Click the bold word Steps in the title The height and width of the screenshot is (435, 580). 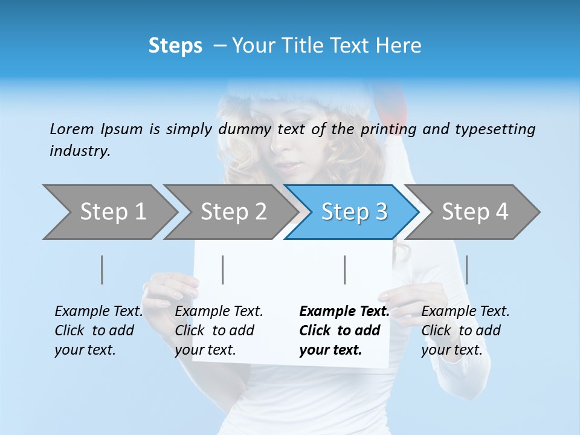175,46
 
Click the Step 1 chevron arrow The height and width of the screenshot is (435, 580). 112,212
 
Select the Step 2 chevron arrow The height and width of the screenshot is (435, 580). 233,212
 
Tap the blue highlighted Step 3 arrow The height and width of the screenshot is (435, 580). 353,212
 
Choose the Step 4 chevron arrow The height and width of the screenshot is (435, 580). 474,212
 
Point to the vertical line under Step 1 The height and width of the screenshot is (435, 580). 102,269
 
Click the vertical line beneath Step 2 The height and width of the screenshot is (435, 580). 223,269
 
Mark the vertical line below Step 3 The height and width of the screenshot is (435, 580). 345,269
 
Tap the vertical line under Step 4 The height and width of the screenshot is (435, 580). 467,269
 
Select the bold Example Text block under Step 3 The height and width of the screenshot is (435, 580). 344,330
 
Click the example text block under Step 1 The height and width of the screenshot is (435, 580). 98,330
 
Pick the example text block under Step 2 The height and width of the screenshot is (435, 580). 219,330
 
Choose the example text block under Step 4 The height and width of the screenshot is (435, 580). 465,330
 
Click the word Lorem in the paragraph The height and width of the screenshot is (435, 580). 72,129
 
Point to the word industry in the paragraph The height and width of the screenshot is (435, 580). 79,151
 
